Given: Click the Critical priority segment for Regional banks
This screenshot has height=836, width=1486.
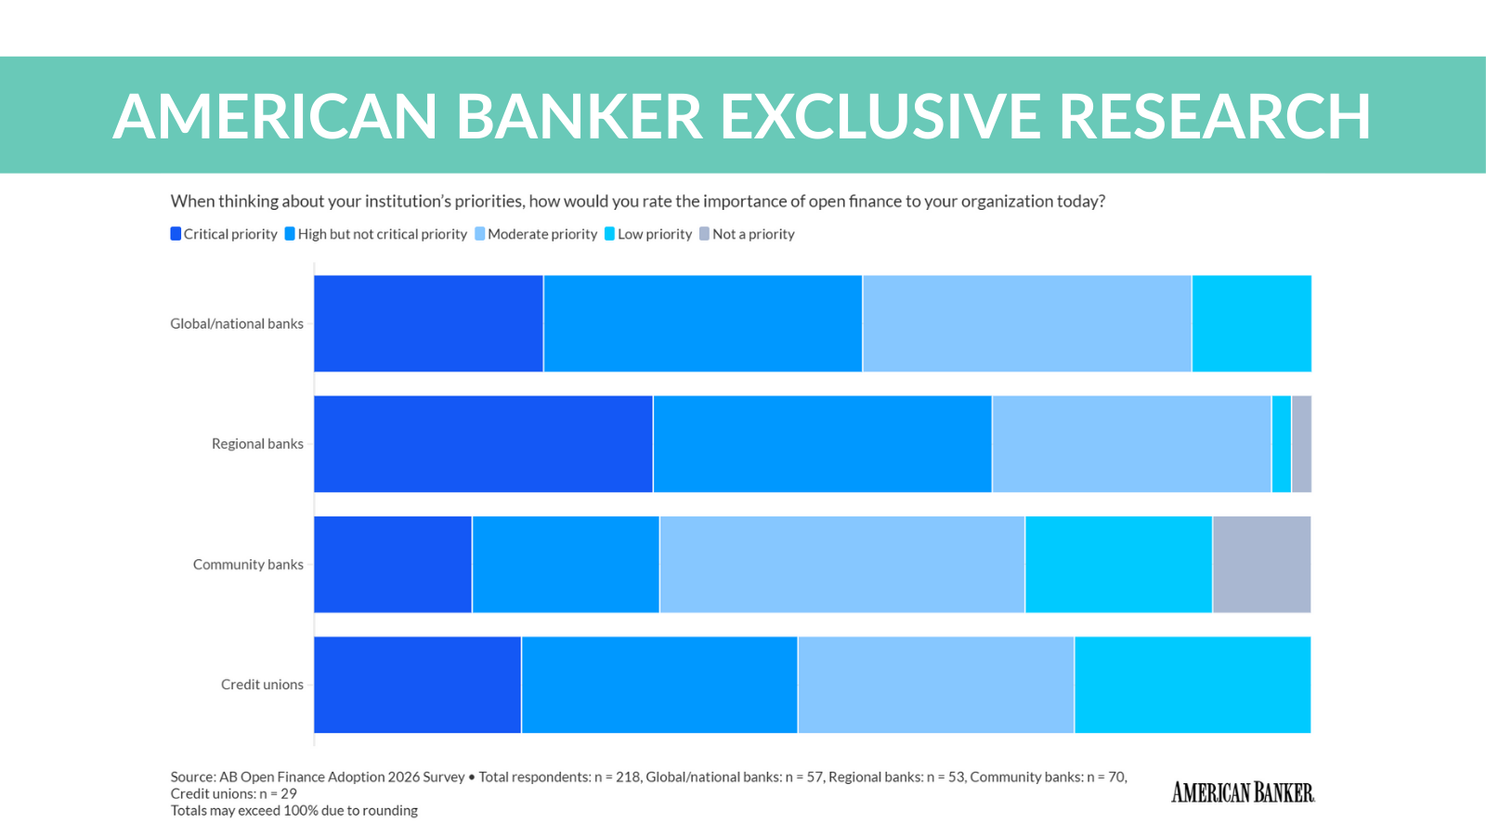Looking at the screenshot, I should point(483,444).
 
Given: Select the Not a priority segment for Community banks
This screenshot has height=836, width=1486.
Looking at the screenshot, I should point(1261,565).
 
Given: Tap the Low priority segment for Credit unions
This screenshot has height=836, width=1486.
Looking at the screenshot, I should point(1193,685).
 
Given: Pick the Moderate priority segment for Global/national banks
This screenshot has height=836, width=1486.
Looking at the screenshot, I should point(1026,323).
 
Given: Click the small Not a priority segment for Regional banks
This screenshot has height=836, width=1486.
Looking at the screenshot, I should point(1301,444).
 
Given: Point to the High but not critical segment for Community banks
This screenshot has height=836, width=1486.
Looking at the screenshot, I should point(566,565).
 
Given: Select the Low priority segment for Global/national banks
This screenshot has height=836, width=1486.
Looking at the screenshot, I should point(1251,323).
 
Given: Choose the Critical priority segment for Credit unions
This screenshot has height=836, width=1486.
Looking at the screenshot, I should point(417,685).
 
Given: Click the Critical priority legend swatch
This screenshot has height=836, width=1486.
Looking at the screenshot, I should point(176,234).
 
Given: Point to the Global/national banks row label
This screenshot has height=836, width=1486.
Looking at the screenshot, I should point(237,323).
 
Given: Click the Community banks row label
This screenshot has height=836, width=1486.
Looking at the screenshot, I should point(248,565).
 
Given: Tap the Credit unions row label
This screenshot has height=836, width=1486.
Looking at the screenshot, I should point(262,685).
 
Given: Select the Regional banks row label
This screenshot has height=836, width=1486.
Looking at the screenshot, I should point(257,444).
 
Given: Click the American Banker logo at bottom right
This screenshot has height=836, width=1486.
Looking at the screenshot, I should point(1243,792).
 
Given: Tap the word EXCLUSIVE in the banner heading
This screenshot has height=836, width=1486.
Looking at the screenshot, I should point(880,117).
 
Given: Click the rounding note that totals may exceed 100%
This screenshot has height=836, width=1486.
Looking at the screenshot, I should point(293,811).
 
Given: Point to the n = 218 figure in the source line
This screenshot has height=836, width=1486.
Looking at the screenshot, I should point(618,777).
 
